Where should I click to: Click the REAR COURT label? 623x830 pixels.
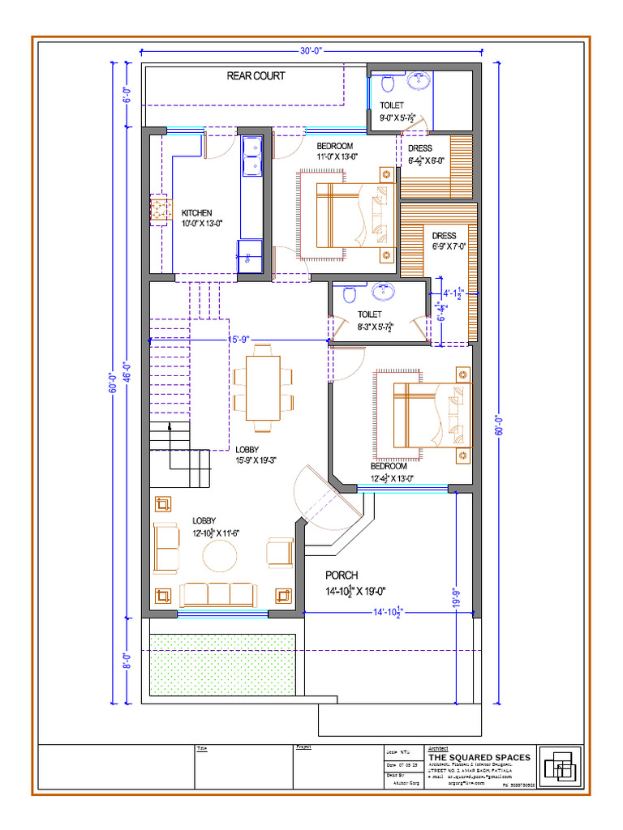[x=256, y=76]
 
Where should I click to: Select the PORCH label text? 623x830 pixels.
[x=342, y=575]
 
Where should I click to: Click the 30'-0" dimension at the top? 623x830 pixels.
[x=311, y=50]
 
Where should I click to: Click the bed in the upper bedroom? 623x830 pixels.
[x=354, y=215]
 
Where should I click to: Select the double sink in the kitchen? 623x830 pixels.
[x=251, y=155]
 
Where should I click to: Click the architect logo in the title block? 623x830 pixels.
[x=561, y=766]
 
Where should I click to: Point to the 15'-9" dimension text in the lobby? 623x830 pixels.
[x=238, y=340]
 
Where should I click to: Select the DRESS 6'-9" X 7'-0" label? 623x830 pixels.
[x=449, y=242]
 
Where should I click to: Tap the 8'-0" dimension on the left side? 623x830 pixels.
[x=126, y=661]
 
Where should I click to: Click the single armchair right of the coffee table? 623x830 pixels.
[x=280, y=552]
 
